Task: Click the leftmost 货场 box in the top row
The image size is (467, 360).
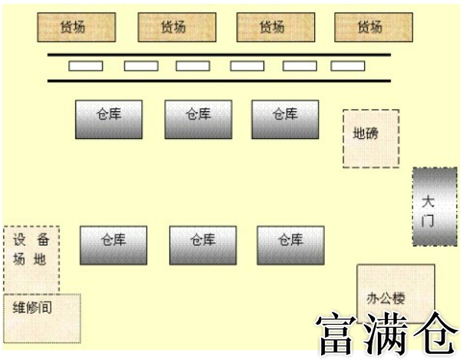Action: (x=77, y=28)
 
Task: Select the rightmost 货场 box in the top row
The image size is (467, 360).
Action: (x=369, y=28)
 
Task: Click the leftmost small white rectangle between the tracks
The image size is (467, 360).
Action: (x=85, y=66)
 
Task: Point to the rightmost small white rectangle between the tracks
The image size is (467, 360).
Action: (x=348, y=66)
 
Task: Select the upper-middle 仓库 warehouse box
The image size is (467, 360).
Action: (x=198, y=119)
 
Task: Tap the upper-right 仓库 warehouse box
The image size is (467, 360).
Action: (x=285, y=119)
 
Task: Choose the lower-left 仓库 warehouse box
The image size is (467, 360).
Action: (x=114, y=245)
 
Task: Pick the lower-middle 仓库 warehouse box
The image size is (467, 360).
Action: (x=203, y=245)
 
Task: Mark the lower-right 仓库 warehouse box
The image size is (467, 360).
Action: (x=290, y=245)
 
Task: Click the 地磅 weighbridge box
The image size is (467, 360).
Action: (x=370, y=138)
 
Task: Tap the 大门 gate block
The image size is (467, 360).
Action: (x=429, y=206)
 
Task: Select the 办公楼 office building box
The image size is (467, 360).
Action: (x=396, y=296)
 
